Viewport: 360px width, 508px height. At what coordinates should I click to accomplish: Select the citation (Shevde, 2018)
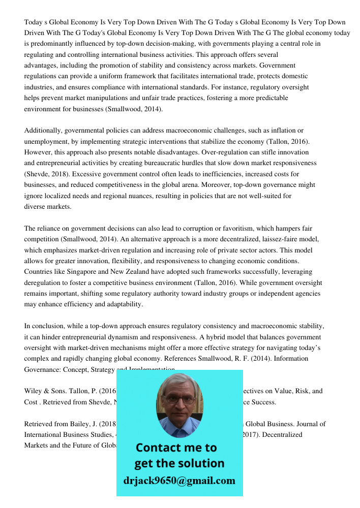(x=47, y=174)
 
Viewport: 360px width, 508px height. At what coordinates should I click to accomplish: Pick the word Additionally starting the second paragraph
(x=43, y=131)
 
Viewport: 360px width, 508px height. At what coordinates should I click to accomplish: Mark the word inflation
(x=283, y=131)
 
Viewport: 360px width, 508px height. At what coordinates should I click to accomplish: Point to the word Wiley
(x=33, y=391)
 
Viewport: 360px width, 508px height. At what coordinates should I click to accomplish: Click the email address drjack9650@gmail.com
(x=179, y=481)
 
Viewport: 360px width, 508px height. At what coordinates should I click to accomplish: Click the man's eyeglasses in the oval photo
(x=179, y=400)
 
